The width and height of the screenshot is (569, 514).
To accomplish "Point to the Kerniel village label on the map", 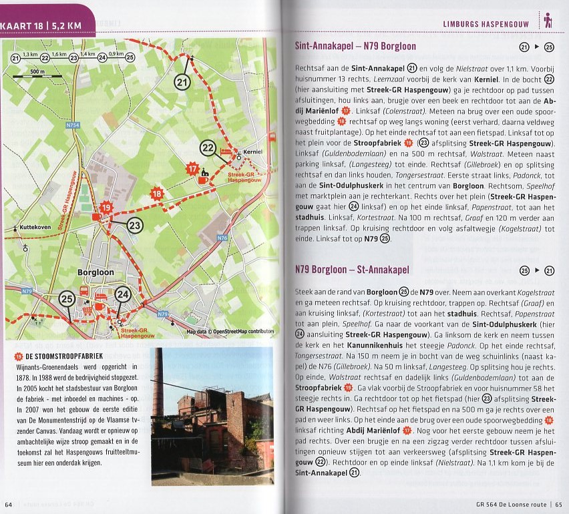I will (253, 152).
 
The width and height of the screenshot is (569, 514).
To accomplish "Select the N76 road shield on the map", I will (223, 238).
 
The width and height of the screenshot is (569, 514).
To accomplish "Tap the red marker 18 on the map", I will (157, 194).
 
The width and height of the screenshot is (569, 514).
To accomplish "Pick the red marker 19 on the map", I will (106, 208).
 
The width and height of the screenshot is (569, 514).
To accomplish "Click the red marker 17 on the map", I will (193, 170).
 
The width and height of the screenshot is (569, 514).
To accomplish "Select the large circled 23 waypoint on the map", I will (135, 226).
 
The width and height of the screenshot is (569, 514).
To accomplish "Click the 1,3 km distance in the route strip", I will (30, 54).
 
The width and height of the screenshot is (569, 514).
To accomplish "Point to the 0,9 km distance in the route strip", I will (116, 54).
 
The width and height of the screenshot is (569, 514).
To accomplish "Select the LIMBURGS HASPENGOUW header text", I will (486, 25).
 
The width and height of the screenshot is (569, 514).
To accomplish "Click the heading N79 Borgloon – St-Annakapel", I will (361, 270).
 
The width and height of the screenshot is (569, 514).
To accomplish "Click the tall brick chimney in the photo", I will (158, 384).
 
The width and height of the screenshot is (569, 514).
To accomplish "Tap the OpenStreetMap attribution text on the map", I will (230, 331).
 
